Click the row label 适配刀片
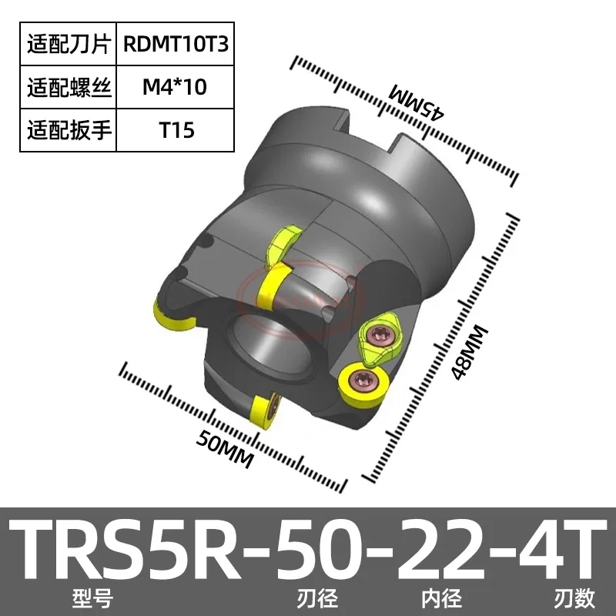(x=69, y=44)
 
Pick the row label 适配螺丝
(x=69, y=87)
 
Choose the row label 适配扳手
(x=69, y=130)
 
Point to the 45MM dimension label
(x=417, y=100)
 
